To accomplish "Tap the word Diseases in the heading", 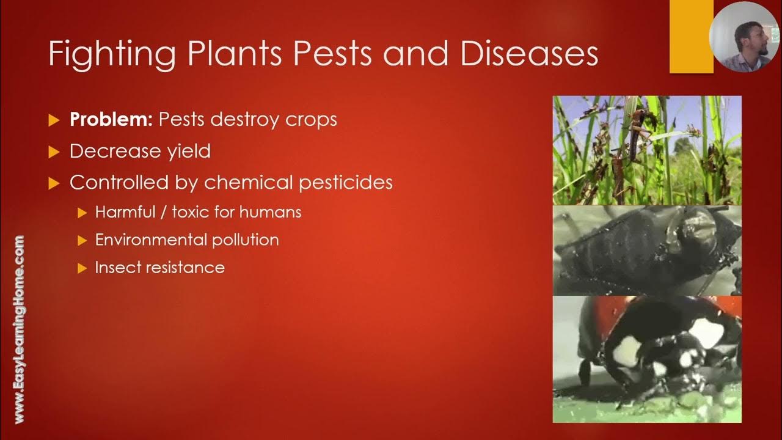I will point(529,54).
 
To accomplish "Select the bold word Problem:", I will point(111,119).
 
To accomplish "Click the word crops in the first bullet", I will point(311,119).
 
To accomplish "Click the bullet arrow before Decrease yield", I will point(54,152).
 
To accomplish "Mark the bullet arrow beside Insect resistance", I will point(82,268).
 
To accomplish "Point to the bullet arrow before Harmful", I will point(82,213).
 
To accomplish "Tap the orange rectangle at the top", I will point(691,37).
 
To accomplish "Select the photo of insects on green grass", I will point(647,150).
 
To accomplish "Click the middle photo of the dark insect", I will point(647,251).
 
